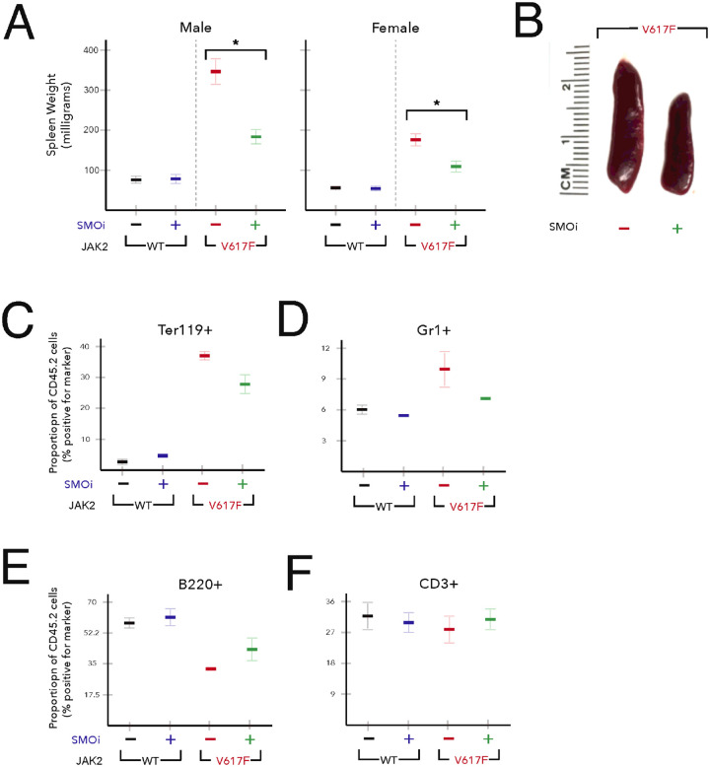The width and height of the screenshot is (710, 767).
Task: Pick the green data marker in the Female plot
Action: pyautogui.click(x=455, y=167)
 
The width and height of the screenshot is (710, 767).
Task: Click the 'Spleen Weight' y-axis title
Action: pyautogui.click(x=58, y=128)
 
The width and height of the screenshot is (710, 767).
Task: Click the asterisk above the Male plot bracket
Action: pyautogui.click(x=235, y=42)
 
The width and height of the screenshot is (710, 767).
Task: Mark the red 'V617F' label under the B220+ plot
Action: pyautogui.click(x=228, y=761)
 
